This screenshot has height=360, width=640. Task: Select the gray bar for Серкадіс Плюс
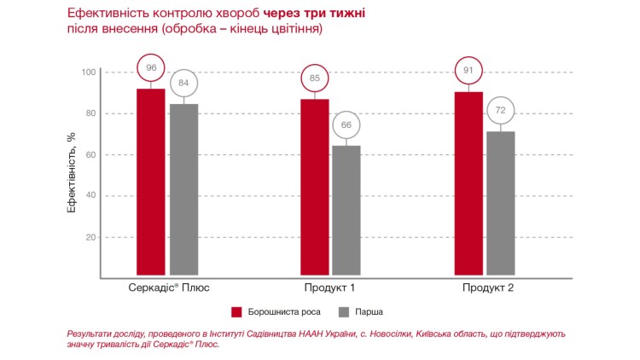coord(183,189)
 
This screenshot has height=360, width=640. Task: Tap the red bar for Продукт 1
coord(314,188)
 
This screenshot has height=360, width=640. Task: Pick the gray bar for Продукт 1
coord(346,211)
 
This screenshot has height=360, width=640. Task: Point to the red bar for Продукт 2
coord(468,183)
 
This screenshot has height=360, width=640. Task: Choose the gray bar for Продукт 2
coord(501,204)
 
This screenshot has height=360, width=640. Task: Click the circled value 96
coord(151,67)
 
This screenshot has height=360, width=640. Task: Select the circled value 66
coord(346,125)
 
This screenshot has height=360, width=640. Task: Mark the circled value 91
coord(468,70)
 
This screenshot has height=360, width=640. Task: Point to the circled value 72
coord(501,112)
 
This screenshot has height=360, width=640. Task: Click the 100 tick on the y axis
coord(89,72)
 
